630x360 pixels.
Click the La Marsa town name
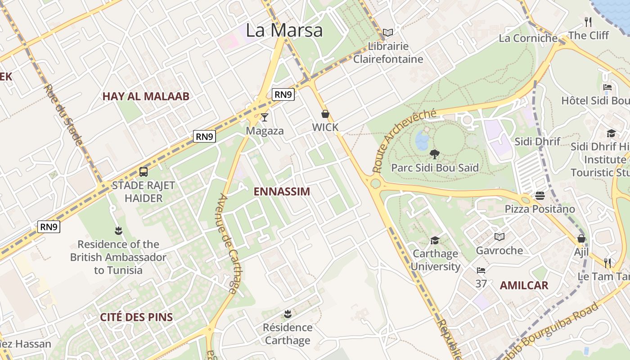284,30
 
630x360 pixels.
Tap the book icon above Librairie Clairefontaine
387,33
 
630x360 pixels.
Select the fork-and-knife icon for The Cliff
588,21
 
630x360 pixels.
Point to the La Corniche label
528,38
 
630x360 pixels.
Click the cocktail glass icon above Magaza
265,117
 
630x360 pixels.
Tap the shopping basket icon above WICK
325,114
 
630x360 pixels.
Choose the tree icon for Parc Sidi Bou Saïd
434,154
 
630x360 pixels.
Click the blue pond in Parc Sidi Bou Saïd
422,140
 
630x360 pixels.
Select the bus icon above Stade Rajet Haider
144,171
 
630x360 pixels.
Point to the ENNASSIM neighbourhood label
282,192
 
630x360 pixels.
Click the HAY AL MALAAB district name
146,96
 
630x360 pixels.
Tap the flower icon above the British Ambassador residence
118,231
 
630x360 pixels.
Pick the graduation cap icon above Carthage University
435,240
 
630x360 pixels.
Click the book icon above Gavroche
499,237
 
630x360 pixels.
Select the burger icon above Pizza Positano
540,195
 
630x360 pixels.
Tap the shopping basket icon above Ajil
581,238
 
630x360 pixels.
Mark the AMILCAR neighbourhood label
524,285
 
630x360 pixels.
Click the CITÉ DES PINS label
136,317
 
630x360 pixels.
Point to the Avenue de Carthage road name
229,243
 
